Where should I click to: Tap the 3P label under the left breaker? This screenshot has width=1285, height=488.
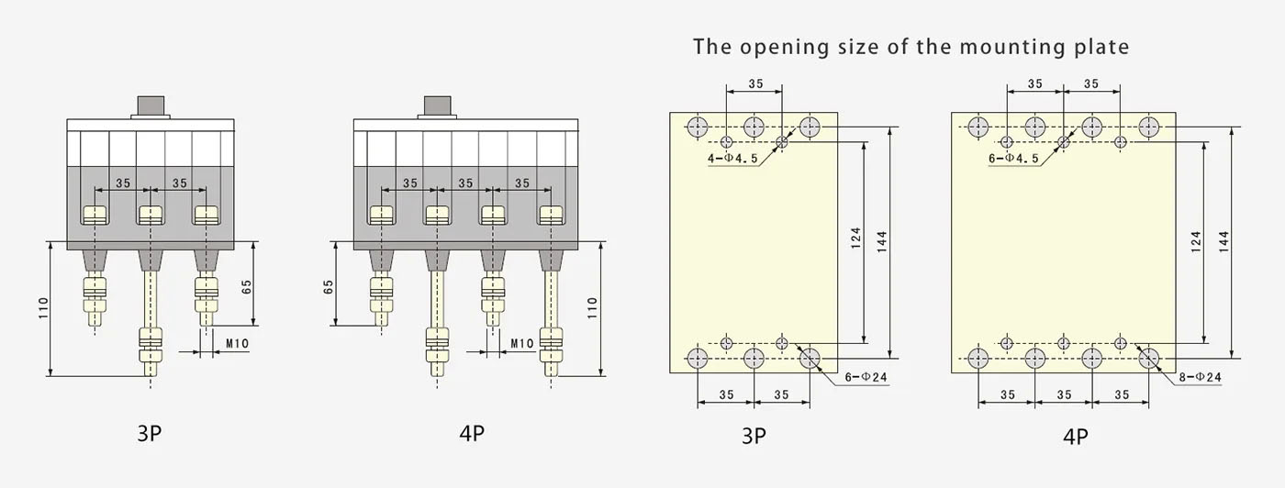[x=150, y=433]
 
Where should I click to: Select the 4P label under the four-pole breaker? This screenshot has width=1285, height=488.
[x=471, y=433]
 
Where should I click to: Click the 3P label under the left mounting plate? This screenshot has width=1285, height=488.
[x=754, y=436]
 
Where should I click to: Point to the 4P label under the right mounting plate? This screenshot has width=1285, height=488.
[x=1076, y=436]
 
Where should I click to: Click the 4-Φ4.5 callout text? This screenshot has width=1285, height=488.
[x=732, y=158]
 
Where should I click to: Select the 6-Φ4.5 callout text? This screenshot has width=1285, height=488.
[x=1014, y=158]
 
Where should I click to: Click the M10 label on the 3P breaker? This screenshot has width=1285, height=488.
[x=237, y=344]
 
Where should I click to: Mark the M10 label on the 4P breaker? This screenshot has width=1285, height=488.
[x=522, y=344]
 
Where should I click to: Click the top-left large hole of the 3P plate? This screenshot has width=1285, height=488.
[x=698, y=126]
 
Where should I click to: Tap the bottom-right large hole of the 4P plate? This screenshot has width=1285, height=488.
[x=1149, y=357]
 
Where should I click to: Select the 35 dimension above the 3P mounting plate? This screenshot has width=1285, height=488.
[x=754, y=83]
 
